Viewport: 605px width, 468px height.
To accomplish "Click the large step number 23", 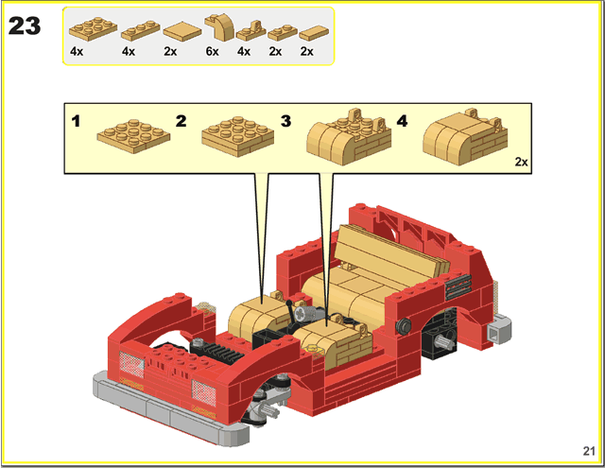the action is pos(25,26).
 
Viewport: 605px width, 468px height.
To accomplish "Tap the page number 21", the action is pos(589,451).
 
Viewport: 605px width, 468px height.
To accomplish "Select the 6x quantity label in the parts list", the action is pos(212,51).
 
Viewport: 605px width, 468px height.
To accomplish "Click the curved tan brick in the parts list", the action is pos(220,27).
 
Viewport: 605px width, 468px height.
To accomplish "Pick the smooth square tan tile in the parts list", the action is pos(182,31).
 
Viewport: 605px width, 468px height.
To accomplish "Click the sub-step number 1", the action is pos(76,121).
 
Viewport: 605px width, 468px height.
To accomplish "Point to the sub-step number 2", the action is pos(181,121).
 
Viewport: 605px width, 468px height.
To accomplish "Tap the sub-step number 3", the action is pos(285,121).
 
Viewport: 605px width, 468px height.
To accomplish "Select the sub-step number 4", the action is pos(402,121).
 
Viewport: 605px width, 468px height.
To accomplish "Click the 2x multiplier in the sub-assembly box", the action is pos(521,162).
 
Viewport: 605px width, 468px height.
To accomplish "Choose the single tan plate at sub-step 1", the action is pos(133,135).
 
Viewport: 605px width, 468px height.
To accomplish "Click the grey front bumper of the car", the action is pos(170,409).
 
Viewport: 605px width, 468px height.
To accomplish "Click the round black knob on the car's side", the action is pos(403,326).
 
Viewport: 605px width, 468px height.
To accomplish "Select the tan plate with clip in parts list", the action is pos(251,31).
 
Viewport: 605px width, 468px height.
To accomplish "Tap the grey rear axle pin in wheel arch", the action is pos(444,341).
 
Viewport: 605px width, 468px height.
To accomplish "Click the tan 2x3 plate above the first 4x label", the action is pos(93,29).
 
